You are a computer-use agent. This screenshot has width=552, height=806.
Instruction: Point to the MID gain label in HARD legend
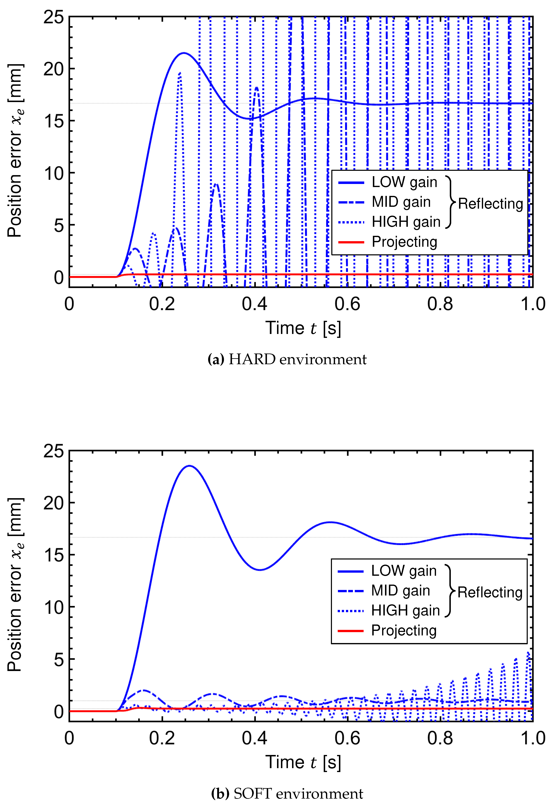[x=401, y=202]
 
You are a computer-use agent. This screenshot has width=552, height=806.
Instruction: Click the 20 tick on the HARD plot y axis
[x=54, y=69]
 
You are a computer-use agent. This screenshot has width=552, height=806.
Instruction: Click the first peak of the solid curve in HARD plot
[x=183, y=53]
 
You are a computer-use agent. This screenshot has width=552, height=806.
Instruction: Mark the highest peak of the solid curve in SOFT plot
[x=189, y=466]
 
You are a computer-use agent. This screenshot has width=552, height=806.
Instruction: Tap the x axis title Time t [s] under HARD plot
[x=303, y=328]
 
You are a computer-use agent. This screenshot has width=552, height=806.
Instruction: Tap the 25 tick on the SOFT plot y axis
[x=54, y=451]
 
